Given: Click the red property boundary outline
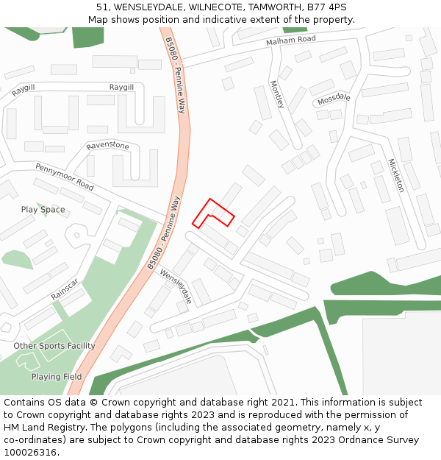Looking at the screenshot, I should [x=213, y=214].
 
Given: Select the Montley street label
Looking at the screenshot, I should [x=276, y=94].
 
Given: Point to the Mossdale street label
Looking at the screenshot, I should [x=334, y=99].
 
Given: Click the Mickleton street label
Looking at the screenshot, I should [x=395, y=175].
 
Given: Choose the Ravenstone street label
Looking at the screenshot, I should [x=107, y=146].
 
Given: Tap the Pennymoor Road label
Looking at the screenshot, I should [x=65, y=176].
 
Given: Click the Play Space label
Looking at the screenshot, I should [x=43, y=210].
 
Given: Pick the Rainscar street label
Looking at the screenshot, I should [x=64, y=289].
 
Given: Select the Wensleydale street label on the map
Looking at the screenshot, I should [x=176, y=286].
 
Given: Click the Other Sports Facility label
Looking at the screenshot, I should [x=54, y=346].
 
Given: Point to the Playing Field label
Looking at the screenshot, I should [x=57, y=377].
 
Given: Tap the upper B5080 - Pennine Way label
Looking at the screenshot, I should [x=176, y=76].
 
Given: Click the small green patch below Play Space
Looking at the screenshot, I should [x=16, y=259].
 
